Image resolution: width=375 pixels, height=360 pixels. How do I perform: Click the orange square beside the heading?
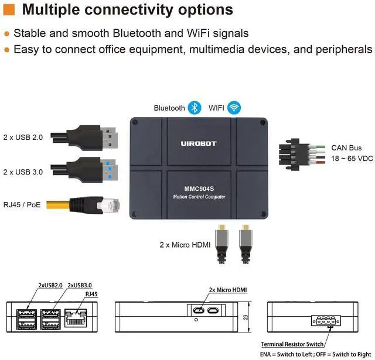(9, 9)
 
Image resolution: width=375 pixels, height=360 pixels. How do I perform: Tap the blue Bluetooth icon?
(195, 108)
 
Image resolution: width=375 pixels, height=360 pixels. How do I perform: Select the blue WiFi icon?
(234, 108)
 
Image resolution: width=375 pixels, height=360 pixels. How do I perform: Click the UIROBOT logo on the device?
(199, 143)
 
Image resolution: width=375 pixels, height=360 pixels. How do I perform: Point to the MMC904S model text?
(199, 188)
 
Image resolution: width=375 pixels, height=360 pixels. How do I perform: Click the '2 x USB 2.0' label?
(23, 138)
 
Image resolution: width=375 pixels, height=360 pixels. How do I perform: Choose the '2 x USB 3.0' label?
(23, 172)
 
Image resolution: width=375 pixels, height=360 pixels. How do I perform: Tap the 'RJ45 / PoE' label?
(22, 205)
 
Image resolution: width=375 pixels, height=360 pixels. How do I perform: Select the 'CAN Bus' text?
(346, 148)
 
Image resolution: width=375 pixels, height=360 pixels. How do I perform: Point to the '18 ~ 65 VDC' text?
(352, 159)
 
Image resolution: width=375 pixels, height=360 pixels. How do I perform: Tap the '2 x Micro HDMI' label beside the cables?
(185, 245)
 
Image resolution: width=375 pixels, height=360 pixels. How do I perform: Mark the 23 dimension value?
(246, 317)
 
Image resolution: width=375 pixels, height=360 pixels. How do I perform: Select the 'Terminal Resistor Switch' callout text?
(292, 344)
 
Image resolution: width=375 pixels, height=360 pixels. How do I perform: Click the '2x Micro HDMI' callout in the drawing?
(228, 290)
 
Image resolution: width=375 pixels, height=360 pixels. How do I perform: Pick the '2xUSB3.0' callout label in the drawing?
(80, 285)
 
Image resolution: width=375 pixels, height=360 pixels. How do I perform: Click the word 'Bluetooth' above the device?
(169, 108)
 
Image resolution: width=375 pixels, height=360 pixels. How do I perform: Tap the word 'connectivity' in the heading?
(129, 10)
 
